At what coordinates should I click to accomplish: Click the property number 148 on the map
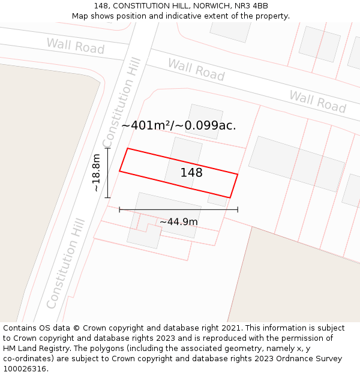click(191, 173)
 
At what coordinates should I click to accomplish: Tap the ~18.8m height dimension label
click(97, 173)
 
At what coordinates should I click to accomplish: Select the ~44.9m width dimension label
click(179, 222)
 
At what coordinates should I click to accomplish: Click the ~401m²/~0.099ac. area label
click(179, 125)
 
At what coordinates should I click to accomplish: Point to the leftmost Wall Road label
click(76, 46)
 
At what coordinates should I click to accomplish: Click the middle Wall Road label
click(196, 70)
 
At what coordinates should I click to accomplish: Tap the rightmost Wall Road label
click(318, 101)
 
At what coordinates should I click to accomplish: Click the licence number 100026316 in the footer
click(25, 369)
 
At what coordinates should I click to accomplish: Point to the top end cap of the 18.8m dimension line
click(108, 148)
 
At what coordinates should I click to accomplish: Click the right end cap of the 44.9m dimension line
click(238, 209)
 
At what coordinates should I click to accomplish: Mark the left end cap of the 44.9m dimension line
click(120, 209)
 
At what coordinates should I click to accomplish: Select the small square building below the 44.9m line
click(145, 235)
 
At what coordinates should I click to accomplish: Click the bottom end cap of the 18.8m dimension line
click(108, 197)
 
